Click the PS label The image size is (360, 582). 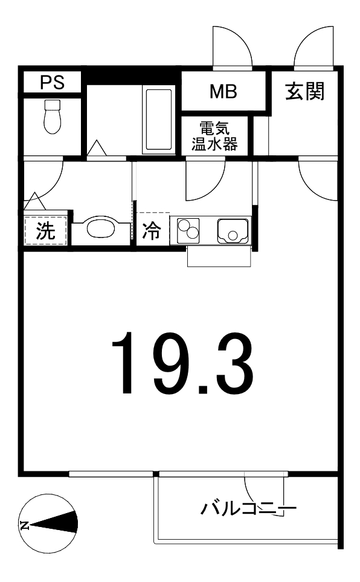53,82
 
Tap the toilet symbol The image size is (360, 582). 52,117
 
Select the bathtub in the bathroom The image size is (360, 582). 158,120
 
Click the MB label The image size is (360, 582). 223,91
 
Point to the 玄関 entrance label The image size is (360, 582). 304,91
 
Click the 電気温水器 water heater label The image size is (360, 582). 214,136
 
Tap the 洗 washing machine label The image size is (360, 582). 45,230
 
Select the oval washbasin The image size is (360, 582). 101,228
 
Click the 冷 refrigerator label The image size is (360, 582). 152,230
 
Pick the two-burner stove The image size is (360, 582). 188,230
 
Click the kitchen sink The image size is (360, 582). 233,231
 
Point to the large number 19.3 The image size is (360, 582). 182,362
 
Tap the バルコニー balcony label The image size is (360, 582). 249,508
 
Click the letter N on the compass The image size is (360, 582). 25,525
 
